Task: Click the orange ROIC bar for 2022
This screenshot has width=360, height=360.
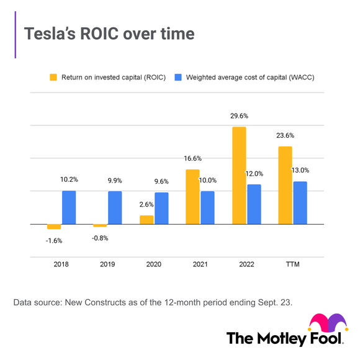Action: click(239, 176)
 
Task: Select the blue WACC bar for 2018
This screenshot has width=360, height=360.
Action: click(69, 207)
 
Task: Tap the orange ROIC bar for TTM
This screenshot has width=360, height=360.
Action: click(285, 186)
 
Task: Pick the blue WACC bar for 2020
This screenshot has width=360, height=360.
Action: click(161, 208)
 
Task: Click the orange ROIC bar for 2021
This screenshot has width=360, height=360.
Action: click(192, 197)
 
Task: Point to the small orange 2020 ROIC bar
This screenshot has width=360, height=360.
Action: click(146, 220)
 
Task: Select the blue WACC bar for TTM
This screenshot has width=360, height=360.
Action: click(300, 202)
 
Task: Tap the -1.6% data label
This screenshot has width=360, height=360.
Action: click(54, 240)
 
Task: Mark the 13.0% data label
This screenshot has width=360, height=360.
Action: click(300, 170)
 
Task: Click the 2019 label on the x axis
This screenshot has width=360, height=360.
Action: click(107, 264)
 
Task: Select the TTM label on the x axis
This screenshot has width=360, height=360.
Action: click(292, 264)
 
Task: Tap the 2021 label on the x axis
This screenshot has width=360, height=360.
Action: click(200, 264)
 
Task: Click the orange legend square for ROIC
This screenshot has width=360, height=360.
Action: click(54, 78)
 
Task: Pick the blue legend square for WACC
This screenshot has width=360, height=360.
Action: click(178, 78)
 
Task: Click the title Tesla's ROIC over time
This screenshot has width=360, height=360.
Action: click(109, 34)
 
